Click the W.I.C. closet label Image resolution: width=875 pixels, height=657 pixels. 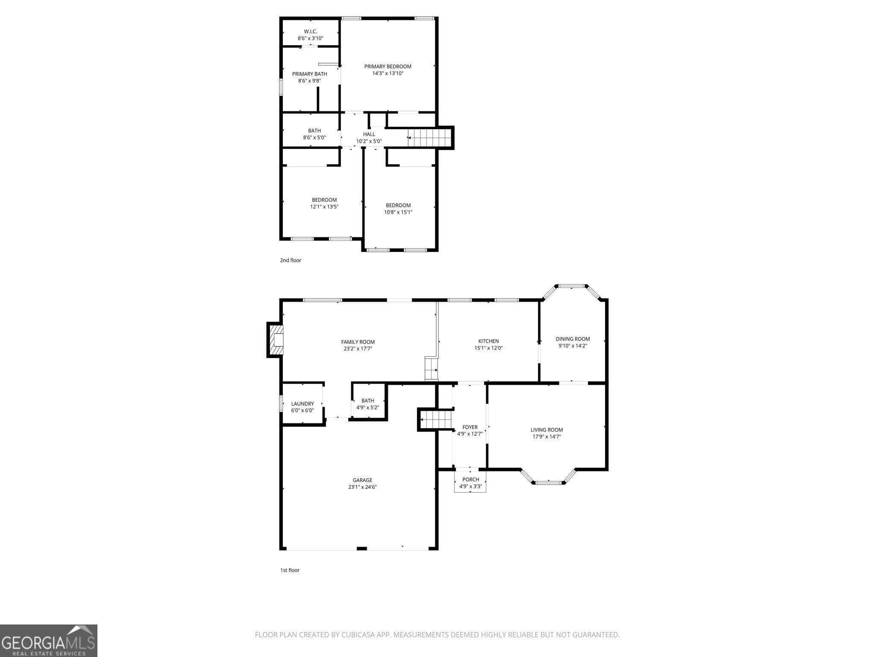point(311,32)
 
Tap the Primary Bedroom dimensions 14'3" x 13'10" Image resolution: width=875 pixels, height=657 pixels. point(388,73)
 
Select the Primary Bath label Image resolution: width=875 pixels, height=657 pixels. point(310,74)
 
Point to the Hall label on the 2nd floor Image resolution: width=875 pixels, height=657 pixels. point(369,134)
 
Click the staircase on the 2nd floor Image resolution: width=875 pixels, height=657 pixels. point(429,138)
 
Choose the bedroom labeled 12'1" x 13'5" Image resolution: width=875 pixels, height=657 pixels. point(324,203)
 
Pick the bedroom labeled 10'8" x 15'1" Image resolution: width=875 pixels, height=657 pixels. point(398,209)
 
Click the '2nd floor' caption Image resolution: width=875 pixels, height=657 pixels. point(291,260)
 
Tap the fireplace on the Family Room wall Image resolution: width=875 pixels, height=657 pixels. point(275,340)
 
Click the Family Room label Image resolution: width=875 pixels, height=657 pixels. point(358,342)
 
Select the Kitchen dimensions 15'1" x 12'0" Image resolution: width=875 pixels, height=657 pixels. point(488,348)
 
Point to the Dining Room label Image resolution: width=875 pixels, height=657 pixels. point(573,339)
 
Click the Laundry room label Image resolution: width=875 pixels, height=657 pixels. point(302,404)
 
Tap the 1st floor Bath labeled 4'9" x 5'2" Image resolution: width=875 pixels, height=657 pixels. point(368,404)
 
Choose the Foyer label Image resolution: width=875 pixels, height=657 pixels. point(470,427)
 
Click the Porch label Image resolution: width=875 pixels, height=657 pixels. point(471,479)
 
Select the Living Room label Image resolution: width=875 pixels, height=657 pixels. point(547,430)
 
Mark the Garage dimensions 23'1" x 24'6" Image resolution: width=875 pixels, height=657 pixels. point(362,487)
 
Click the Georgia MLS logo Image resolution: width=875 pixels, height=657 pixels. point(48,641)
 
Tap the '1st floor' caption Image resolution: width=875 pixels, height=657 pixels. point(290,570)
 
